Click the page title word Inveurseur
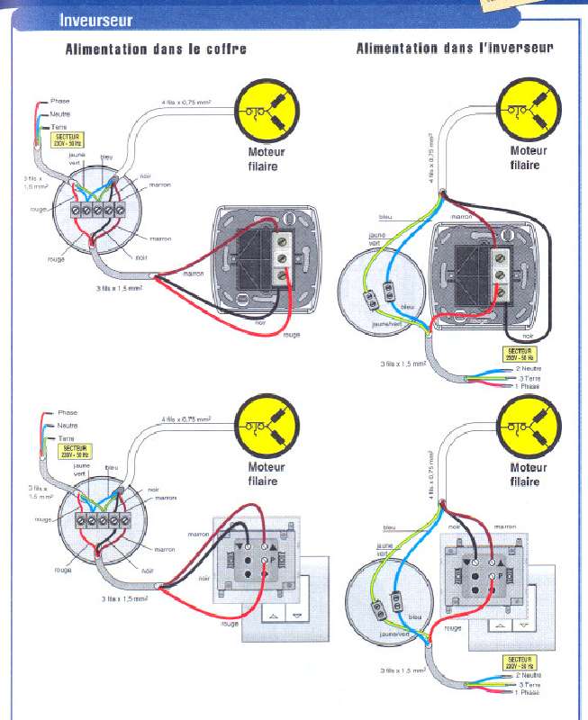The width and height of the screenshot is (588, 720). (95, 19)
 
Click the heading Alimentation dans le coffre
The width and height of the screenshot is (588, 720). (155, 49)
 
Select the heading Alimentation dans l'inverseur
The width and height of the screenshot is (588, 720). (454, 48)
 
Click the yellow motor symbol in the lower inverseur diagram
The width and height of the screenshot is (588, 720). (529, 427)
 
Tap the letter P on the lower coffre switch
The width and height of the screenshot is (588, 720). (272, 560)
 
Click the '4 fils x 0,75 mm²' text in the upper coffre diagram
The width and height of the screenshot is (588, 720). (186, 103)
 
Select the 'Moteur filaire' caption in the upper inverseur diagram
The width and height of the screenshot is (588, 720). (529, 158)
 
